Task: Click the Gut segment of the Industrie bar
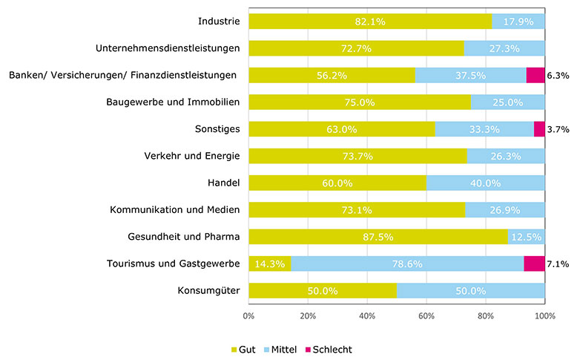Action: coord(369,22)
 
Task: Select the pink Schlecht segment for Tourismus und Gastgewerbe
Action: coord(534,264)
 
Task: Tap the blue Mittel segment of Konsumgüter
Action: coord(471,291)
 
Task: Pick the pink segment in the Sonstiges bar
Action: coord(539,129)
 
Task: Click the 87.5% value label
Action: coord(378,237)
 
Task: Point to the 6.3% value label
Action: coord(558,76)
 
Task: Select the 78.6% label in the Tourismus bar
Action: coord(407,264)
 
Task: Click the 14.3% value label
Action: coord(269,264)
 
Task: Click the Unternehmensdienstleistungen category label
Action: coord(168,48)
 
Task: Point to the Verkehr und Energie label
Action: coord(191,156)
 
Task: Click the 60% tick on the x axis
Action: coord(426,315)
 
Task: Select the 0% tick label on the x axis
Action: coord(248,315)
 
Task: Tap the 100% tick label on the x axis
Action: coord(545,315)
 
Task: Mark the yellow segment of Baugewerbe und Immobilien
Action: coord(360,102)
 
